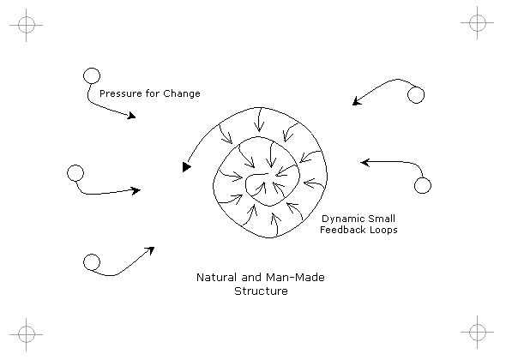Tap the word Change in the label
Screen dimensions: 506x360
(x=182, y=93)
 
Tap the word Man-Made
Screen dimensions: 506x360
(x=295, y=278)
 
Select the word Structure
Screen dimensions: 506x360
(x=261, y=291)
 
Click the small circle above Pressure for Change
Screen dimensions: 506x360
(x=92, y=76)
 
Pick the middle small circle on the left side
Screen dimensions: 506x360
(x=75, y=173)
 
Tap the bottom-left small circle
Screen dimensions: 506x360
(x=92, y=262)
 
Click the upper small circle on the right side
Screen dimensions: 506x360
(x=416, y=95)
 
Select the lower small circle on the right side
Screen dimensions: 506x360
(x=423, y=185)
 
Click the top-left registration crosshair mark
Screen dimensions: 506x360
(x=26, y=25)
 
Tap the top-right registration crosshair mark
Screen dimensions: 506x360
(x=478, y=22)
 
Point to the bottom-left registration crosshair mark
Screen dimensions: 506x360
(x=26, y=334)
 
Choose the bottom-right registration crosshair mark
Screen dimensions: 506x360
(x=478, y=332)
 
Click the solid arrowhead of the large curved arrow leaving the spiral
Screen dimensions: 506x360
(x=186, y=167)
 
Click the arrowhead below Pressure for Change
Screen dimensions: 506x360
(x=132, y=116)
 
